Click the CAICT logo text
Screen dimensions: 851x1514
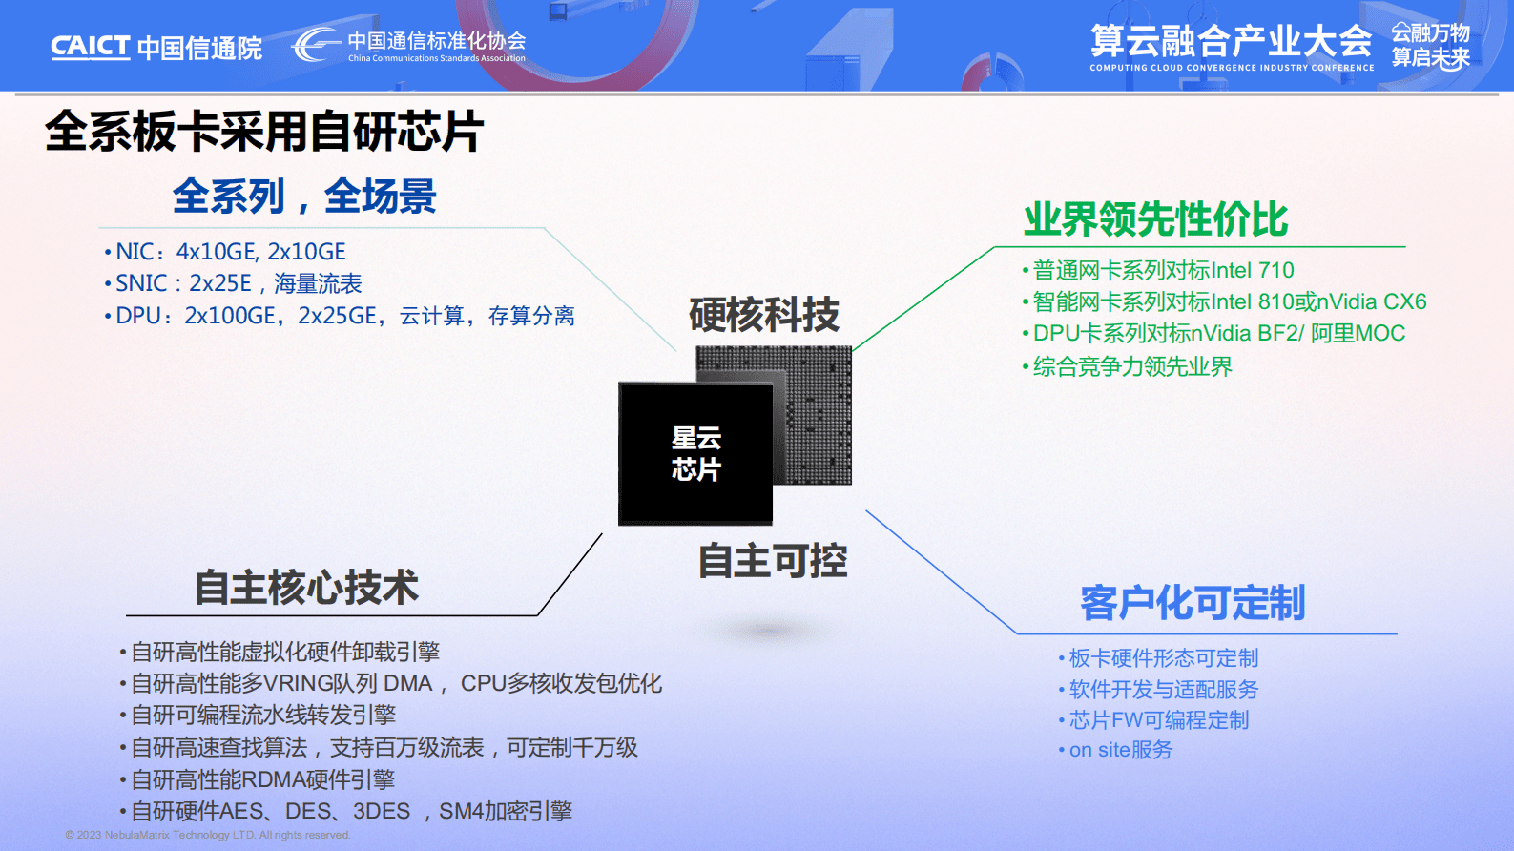tap(90, 46)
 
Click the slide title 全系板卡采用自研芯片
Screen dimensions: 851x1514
tap(264, 132)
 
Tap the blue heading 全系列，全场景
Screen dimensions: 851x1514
tap(304, 197)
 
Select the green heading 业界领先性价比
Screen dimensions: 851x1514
tap(1155, 219)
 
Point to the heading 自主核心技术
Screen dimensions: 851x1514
tap(306, 587)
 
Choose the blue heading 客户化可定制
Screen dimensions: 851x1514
tap(1193, 603)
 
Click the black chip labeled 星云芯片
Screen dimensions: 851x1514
tap(695, 454)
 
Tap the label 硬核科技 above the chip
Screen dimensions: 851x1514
tap(764, 315)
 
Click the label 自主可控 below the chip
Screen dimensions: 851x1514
tap(773, 561)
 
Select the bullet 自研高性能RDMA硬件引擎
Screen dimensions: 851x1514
tap(262, 779)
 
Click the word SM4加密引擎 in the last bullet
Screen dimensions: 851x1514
tap(505, 812)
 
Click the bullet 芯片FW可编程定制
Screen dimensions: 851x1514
tap(1158, 719)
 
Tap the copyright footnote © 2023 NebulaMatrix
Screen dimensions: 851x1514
tap(208, 835)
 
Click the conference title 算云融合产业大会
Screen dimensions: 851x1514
tap(1231, 41)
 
